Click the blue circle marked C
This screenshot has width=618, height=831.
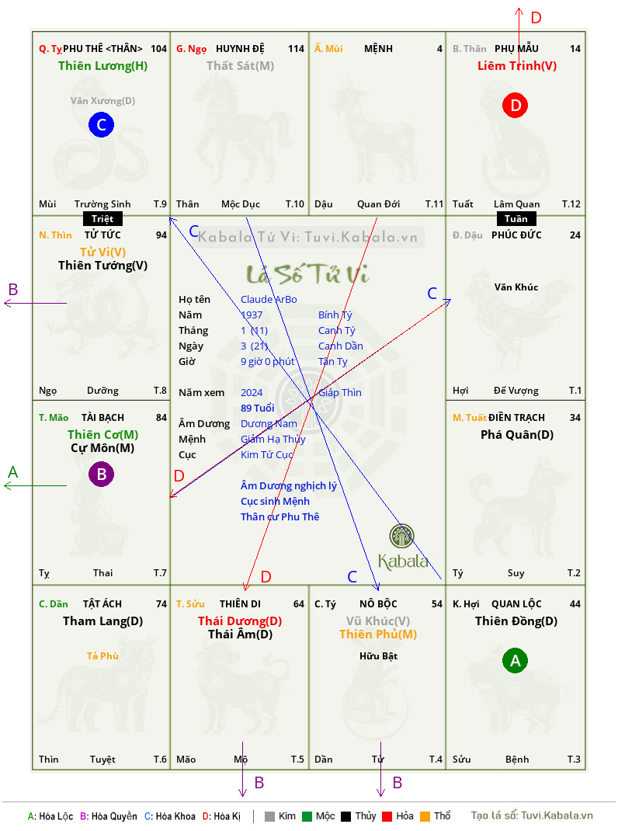(101, 124)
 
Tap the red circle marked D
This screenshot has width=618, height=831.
(516, 106)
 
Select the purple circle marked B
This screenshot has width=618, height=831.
(101, 474)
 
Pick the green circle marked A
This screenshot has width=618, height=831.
(516, 660)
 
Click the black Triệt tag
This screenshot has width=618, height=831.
(102, 219)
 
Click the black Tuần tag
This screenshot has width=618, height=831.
(516, 219)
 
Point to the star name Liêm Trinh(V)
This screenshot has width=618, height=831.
(517, 66)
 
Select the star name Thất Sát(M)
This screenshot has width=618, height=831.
(240, 66)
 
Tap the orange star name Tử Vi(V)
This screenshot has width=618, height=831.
(102, 252)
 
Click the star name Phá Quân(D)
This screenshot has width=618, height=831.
(517, 435)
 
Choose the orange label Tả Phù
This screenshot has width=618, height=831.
(102, 655)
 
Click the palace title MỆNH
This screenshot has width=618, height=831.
(378, 49)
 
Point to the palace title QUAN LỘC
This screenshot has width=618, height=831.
(516, 603)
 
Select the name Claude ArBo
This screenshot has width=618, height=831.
(269, 300)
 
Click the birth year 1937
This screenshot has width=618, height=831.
(252, 315)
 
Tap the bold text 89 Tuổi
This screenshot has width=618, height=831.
(258, 408)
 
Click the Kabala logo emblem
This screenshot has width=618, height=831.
(401, 536)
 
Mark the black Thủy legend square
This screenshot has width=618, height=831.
(346, 816)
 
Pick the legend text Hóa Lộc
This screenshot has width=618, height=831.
(56, 816)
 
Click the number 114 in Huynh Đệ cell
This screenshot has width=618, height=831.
(297, 49)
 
